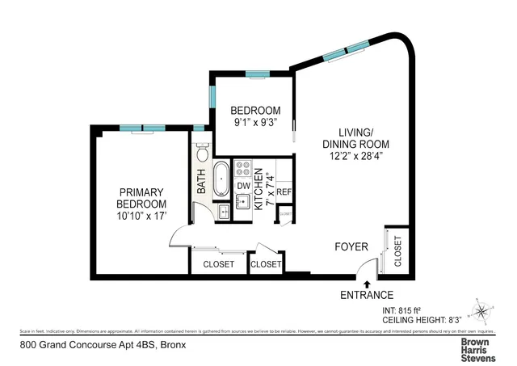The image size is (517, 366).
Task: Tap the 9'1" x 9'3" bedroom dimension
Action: (255, 124)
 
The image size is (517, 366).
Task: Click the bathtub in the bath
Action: (221, 179)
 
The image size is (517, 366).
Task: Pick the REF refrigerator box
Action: (284, 192)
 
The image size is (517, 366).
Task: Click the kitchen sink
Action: (242, 202)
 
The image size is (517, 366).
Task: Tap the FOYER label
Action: (351, 246)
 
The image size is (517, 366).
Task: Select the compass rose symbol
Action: (482, 310)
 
